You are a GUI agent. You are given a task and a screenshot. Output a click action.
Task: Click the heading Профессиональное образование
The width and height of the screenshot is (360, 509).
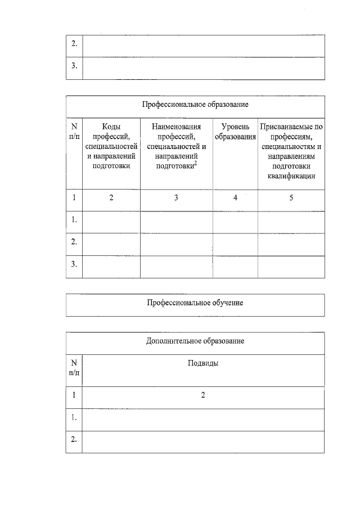pos(195,105)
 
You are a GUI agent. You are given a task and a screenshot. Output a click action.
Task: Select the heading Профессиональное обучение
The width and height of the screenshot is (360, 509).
pos(195,303)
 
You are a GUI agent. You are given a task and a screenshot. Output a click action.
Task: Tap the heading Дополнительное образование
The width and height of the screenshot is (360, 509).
pos(195,341)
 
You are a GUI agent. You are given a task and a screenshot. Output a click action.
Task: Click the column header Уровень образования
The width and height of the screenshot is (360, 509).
pos(235,132)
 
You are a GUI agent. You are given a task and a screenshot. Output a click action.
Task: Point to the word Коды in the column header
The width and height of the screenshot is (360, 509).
pos(111,127)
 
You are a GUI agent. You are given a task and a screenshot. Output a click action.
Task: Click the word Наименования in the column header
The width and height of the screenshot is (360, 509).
pos(176,127)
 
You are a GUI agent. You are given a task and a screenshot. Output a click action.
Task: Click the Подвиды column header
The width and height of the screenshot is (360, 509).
pos(202,363)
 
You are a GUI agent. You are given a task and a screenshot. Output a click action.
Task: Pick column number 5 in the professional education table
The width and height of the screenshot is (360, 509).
pos(291,198)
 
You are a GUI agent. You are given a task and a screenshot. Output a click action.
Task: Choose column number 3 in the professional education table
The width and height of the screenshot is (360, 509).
pos(176,198)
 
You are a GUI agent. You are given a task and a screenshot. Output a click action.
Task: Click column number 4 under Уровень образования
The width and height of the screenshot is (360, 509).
pos(235,198)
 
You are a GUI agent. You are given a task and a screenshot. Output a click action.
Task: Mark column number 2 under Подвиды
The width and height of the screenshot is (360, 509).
pos(202,395)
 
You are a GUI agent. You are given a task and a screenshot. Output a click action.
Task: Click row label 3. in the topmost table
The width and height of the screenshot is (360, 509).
pos(74,66)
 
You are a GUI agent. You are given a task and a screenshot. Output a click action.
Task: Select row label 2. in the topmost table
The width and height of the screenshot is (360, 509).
pos(74,44)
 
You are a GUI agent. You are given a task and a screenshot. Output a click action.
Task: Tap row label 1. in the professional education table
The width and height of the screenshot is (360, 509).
pos(74,220)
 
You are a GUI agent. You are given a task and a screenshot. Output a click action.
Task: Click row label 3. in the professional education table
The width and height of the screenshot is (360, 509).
pos(74,263)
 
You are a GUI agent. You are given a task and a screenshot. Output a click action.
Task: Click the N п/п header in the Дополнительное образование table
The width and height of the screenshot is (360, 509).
pos(74,368)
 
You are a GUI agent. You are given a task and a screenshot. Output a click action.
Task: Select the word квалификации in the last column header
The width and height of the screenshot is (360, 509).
pos(291,176)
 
